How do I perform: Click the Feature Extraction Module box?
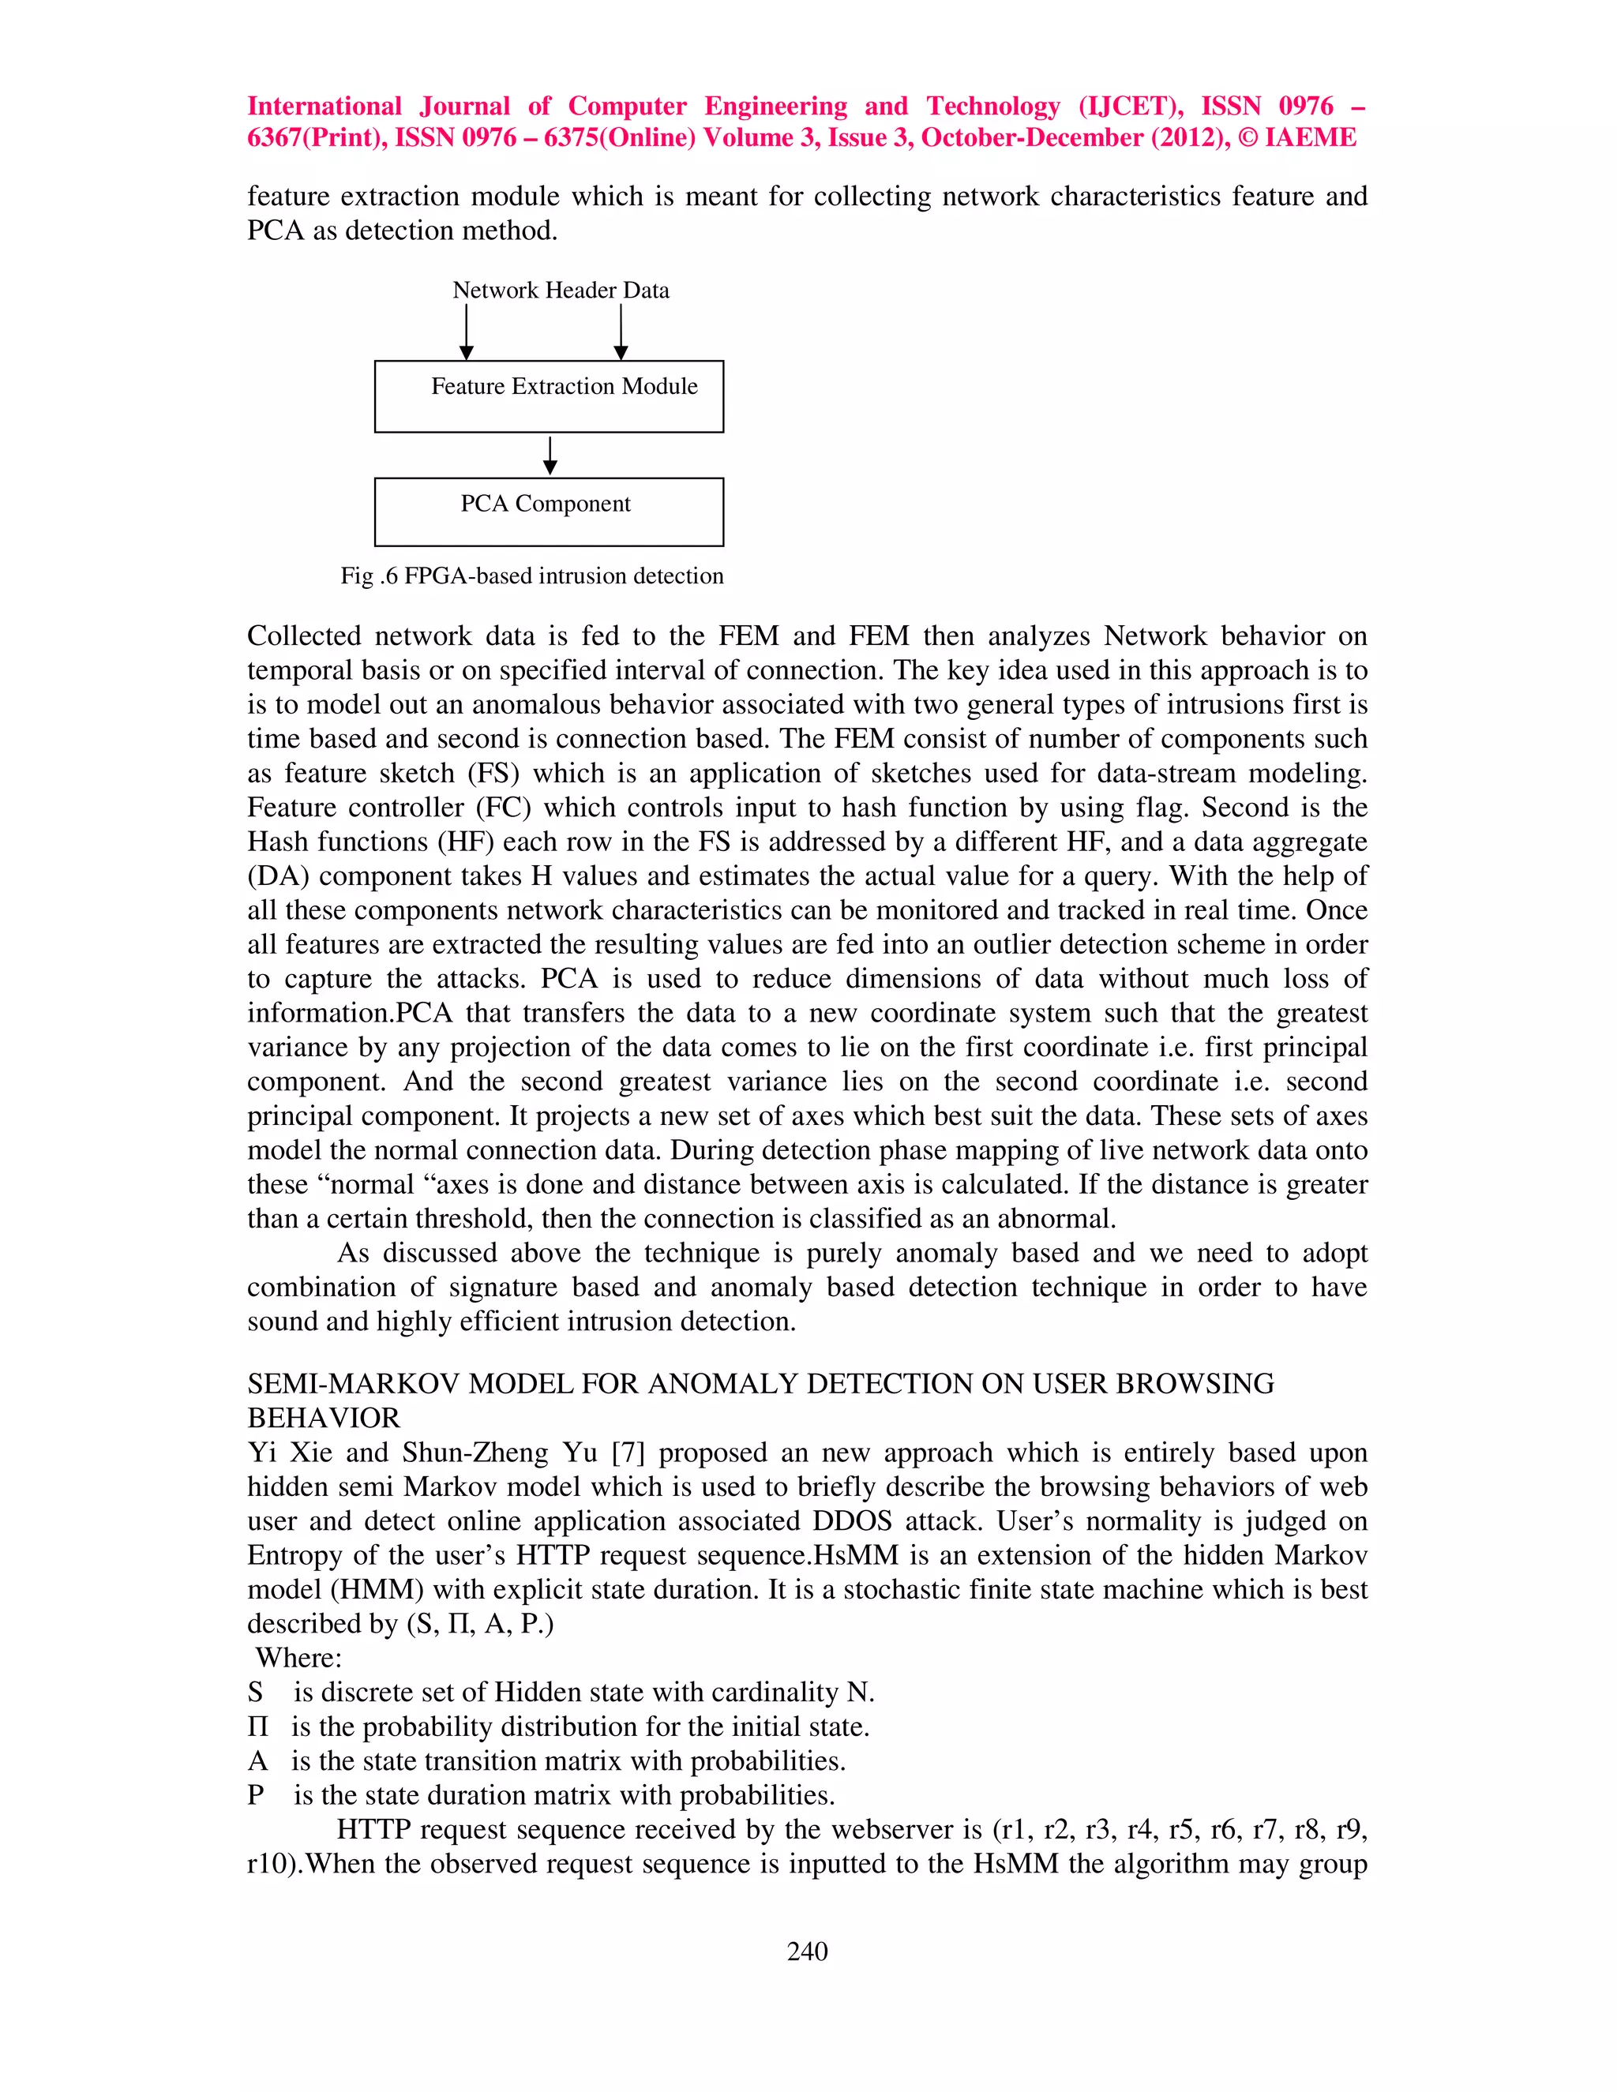pos(549,396)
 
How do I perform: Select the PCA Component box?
pos(549,512)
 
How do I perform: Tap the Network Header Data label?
pos(561,291)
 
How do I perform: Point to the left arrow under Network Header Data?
pos(467,332)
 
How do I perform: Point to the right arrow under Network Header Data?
pos(621,332)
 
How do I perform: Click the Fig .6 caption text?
pos(531,575)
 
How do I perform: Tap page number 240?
pos(807,1951)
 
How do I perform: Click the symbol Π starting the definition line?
pos(257,1727)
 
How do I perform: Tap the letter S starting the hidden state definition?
pos(255,1693)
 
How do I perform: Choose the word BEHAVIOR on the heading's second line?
pos(324,1419)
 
